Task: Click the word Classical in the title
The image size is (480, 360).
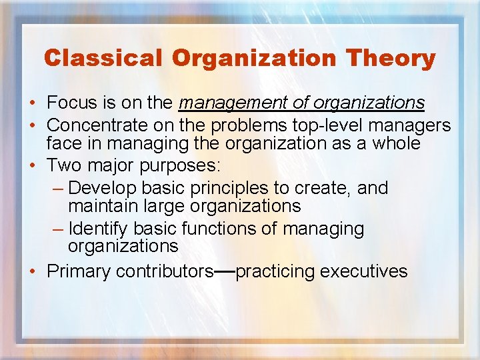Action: (x=103, y=59)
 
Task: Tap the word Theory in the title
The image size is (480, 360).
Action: (x=392, y=59)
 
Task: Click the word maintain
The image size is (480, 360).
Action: (x=100, y=207)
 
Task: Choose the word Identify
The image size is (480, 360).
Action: (x=99, y=229)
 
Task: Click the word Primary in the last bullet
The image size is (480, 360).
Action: (x=79, y=271)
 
